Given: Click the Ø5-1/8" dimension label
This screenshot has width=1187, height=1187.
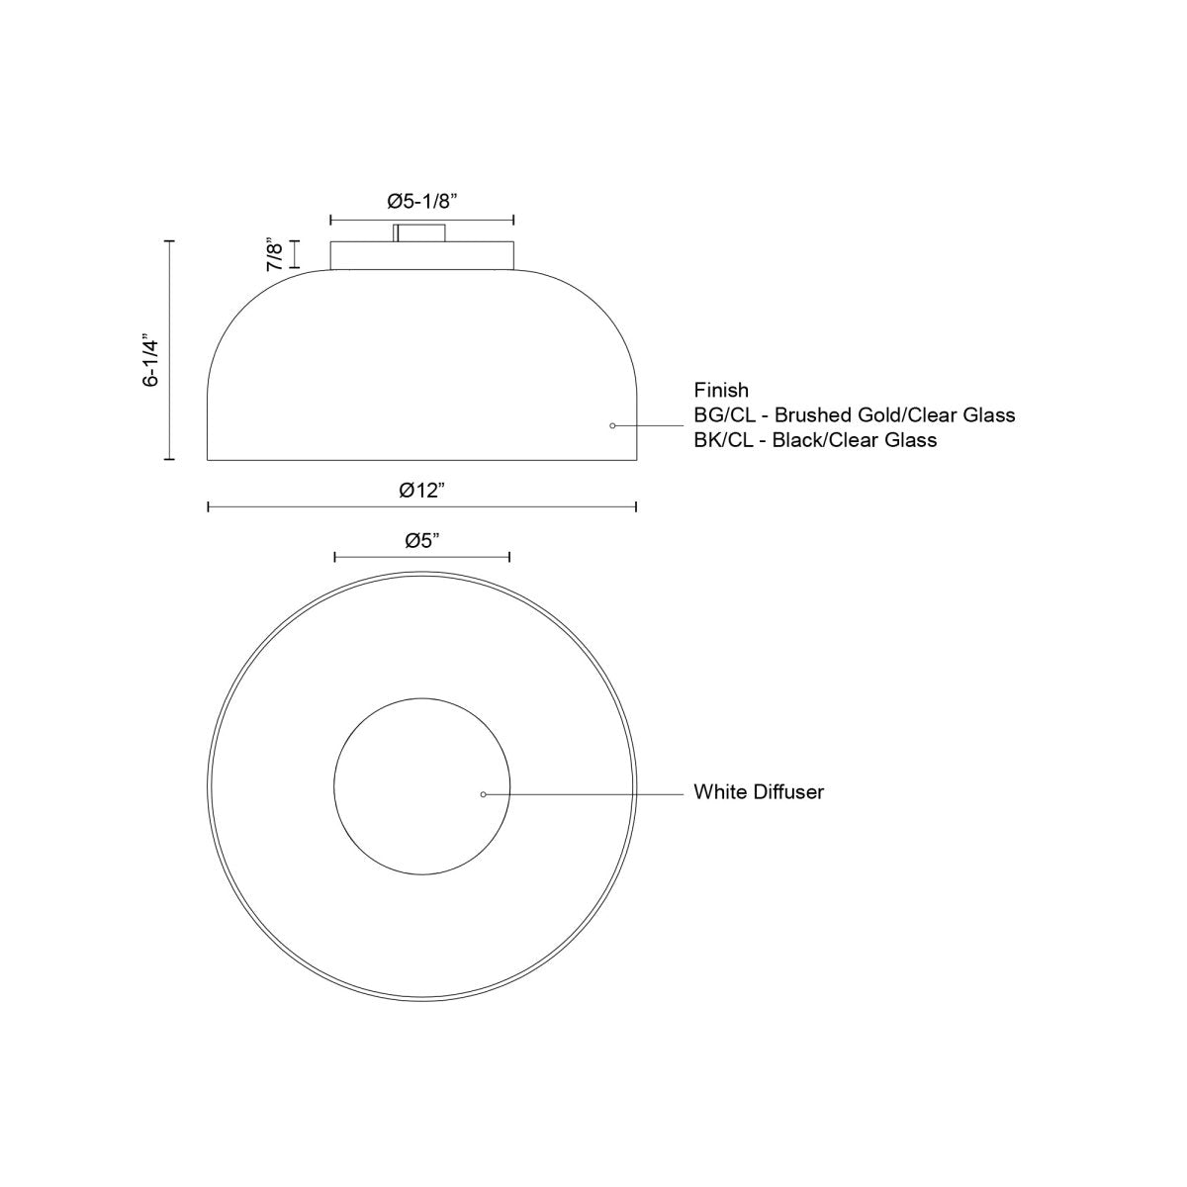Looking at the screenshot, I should [421, 201].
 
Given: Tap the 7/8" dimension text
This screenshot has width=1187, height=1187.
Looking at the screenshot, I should [276, 254].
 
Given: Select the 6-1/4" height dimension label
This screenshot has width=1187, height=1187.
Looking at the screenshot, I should [150, 359].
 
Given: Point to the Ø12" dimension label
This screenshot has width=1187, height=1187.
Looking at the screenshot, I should [421, 490].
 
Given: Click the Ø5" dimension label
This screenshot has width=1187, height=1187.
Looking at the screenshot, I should [421, 540].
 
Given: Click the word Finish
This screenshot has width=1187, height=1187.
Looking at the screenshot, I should [721, 390].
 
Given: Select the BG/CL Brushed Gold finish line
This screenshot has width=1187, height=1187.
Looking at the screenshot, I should [855, 414].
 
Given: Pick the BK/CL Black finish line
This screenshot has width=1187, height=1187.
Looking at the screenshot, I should [815, 440].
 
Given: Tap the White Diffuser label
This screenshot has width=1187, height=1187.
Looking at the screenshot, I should [759, 792].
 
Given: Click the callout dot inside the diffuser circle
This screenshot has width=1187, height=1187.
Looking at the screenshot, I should [483, 793].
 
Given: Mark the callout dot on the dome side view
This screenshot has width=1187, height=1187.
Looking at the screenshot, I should [612, 425].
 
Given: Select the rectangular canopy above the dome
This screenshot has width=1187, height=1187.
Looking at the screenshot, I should [421, 254].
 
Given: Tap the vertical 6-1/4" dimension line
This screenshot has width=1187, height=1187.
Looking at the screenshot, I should [170, 350].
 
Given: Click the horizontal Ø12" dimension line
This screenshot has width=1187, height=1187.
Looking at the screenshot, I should [297, 507].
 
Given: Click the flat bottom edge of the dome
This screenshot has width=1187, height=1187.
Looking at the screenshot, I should [421, 460].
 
